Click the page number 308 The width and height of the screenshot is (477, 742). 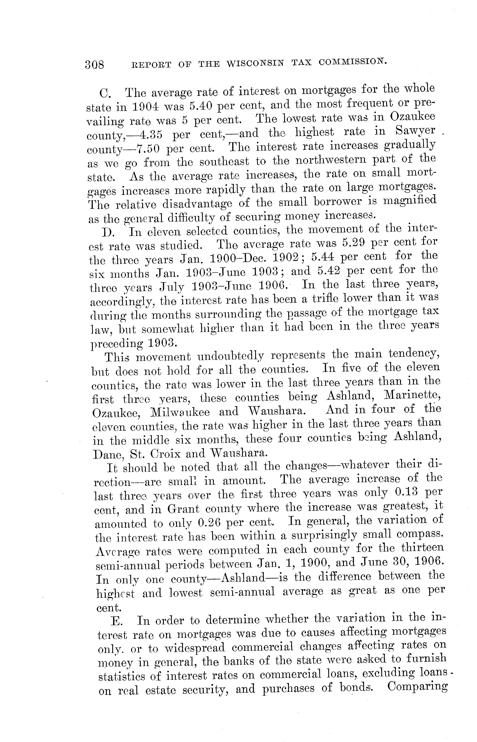pos(95,64)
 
